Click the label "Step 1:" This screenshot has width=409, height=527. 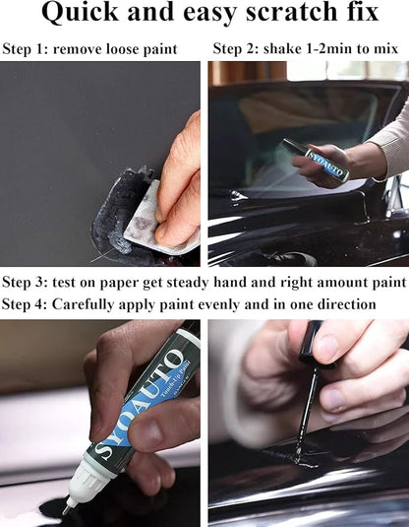(28, 48)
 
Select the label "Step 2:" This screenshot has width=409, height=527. (238, 48)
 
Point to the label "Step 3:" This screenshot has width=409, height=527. (28, 283)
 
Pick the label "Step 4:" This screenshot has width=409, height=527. (28, 304)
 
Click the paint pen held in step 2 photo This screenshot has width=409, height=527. (316, 160)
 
